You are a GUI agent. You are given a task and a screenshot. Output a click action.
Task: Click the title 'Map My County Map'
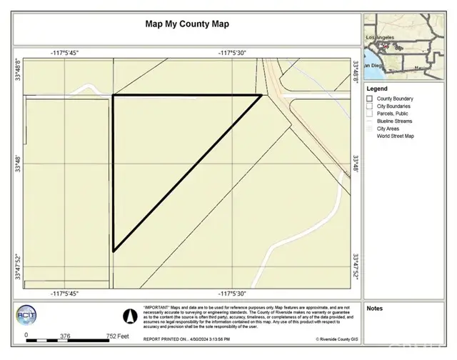click(188, 24)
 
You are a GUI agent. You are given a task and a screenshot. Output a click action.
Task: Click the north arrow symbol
click(129, 314)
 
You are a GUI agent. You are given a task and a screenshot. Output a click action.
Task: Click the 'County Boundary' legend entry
click(396, 99)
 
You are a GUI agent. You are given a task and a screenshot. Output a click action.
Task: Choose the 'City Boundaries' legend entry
click(394, 106)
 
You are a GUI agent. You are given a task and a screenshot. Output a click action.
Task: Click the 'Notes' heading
click(374, 309)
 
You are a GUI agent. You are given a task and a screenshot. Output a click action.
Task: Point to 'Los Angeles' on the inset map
click(380, 36)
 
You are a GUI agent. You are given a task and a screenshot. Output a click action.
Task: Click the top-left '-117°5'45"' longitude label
click(64, 53)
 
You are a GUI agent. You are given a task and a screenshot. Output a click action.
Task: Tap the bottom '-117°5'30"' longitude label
click(233, 293)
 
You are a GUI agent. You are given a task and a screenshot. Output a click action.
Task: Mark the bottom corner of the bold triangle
click(114, 251)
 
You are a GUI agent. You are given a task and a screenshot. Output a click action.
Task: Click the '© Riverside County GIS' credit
click(336, 339)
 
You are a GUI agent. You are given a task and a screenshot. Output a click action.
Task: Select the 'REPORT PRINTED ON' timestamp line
click(186, 339)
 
